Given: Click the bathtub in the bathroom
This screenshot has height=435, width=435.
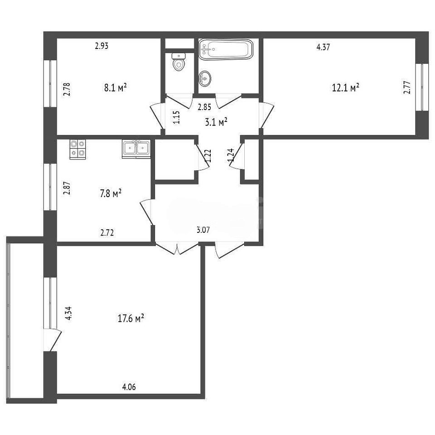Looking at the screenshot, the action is tap(226, 49).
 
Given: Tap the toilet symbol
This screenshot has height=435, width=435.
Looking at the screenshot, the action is tap(179, 62).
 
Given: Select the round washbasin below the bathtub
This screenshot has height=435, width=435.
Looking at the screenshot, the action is tap(205, 78).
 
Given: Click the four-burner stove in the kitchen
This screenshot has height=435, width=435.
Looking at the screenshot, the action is tap(77, 149).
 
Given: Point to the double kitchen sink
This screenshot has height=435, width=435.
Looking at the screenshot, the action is tap(136, 149).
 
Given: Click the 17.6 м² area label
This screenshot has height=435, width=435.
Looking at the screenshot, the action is tap(130, 318).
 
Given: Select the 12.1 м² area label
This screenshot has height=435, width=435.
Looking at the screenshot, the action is tap(346, 87).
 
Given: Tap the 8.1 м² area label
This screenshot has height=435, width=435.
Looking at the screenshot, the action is tap(116, 87).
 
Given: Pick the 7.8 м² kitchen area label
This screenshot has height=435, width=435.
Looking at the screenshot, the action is tap(111, 193).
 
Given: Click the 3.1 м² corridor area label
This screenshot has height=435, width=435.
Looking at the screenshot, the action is tap(217, 122).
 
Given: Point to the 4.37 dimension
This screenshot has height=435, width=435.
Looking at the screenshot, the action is tap(323, 47).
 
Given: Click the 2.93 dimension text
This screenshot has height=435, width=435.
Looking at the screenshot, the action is tap(101, 46).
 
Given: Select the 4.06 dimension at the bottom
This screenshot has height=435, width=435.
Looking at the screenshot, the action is tap(129, 387).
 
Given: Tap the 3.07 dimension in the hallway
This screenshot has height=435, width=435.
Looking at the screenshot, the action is tap(203, 230).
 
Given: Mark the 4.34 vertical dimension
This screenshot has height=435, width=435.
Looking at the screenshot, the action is tap(68, 314).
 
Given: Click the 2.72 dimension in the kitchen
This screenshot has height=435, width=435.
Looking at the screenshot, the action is tap(107, 232).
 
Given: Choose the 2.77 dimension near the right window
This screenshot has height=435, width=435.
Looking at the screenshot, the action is tap(407, 87).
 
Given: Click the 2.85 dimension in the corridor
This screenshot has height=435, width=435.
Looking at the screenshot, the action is tap(204, 107).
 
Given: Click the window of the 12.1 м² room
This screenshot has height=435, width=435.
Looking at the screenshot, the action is tap(422, 87).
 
